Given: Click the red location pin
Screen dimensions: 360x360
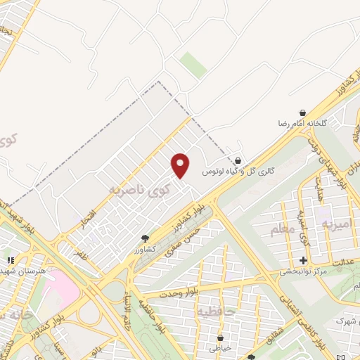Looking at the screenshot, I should pyautogui.click(x=181, y=165).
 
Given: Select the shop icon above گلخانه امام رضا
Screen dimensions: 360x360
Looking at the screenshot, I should pyautogui.click(x=302, y=112).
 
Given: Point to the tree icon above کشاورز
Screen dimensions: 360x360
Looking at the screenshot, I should pyautogui.click(x=145, y=239).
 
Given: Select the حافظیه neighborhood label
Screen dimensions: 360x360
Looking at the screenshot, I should pyautogui.click(x=214, y=310).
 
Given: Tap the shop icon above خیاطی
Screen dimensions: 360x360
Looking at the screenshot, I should pyautogui.click(x=221, y=337).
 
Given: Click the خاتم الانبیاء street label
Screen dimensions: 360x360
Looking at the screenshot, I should pyautogui.click(x=128, y=309).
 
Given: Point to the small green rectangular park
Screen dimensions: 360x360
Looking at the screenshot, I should pyautogui.click(x=193, y=65).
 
